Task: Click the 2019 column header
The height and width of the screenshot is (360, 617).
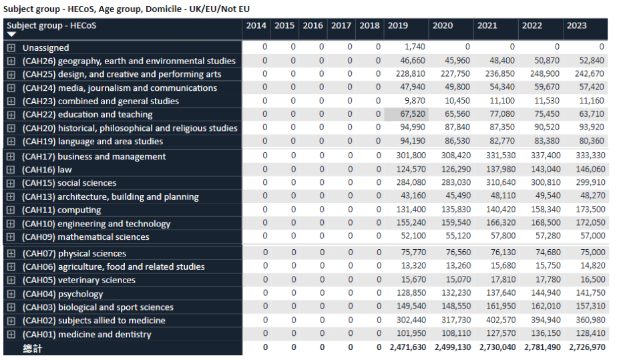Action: [397, 25]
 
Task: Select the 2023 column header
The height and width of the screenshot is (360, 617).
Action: [576, 25]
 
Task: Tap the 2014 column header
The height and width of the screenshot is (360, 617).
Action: [256, 25]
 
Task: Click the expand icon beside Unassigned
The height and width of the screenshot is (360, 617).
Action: [11, 47]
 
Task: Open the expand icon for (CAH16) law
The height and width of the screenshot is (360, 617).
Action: [11, 170]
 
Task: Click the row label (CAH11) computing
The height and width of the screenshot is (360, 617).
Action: [61, 210]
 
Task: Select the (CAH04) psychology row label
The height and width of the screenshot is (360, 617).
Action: [62, 294]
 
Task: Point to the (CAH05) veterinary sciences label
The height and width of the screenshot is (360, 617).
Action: [79, 280]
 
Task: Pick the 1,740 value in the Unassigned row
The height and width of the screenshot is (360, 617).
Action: [415, 47]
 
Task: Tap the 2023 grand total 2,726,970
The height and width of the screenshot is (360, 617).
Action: [587, 347]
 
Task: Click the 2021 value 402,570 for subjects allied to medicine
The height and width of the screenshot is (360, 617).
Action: [501, 320]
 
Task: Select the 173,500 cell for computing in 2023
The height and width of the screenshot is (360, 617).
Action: [590, 209]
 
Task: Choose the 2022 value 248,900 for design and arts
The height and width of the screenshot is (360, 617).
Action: [544, 74]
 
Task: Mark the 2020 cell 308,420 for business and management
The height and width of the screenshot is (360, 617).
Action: [455, 156]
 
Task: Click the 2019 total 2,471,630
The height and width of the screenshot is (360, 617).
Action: [407, 347]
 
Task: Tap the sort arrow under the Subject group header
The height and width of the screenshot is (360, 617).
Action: [11, 34]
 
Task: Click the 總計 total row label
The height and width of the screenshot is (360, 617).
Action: [32, 348]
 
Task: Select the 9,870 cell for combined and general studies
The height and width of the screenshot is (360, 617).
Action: [415, 101]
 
